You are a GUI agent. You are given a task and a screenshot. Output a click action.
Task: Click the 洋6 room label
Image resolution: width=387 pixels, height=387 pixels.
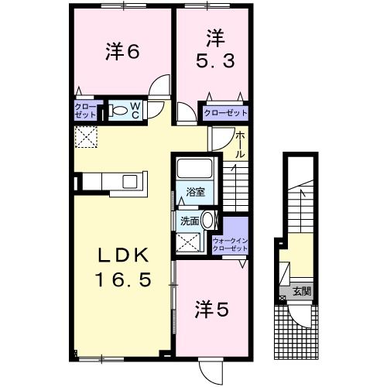[122, 52]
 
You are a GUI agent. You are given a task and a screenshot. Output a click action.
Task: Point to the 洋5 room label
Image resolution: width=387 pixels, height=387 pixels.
[210, 310]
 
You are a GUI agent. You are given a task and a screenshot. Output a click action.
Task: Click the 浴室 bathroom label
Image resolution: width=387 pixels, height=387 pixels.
[194, 193]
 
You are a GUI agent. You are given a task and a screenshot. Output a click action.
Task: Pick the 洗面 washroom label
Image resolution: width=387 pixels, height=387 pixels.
[190, 221]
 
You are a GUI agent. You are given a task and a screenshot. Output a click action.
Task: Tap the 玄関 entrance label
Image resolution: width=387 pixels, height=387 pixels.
[302, 292]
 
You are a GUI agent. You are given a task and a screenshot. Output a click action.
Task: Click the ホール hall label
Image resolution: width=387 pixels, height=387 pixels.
[241, 145]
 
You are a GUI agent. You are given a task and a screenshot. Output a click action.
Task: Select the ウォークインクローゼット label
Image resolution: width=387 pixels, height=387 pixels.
[230, 245]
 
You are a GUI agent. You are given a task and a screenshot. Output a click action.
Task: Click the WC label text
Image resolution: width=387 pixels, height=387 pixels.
[135, 109]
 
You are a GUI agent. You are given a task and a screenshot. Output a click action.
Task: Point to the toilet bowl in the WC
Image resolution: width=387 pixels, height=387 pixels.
[119, 111]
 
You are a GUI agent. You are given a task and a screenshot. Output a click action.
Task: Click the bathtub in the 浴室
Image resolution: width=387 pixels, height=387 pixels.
[194, 169]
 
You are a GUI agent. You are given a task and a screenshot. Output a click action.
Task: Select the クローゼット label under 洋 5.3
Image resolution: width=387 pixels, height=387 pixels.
[225, 113]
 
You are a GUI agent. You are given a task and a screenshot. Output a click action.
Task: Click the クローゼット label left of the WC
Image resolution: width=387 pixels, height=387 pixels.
[85, 109]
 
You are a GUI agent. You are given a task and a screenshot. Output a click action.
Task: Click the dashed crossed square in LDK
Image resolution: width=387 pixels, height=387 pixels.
[84, 139]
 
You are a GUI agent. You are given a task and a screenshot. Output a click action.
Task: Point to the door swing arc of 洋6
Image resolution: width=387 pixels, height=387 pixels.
[159, 84]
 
